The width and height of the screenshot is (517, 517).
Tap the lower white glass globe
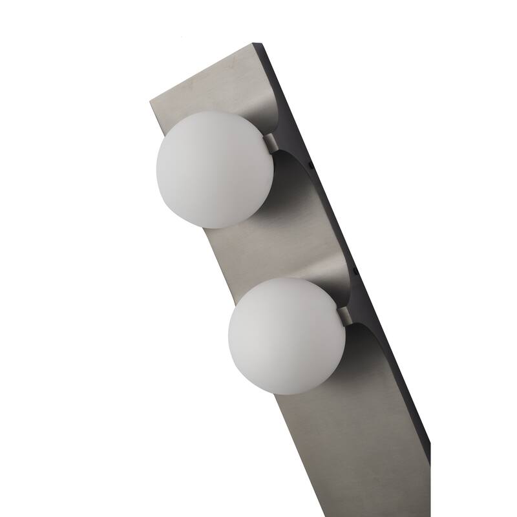[x=287, y=335]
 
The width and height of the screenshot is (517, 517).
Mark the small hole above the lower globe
[x=357, y=267]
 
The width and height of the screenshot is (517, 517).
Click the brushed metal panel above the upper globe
[x=213, y=84]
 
